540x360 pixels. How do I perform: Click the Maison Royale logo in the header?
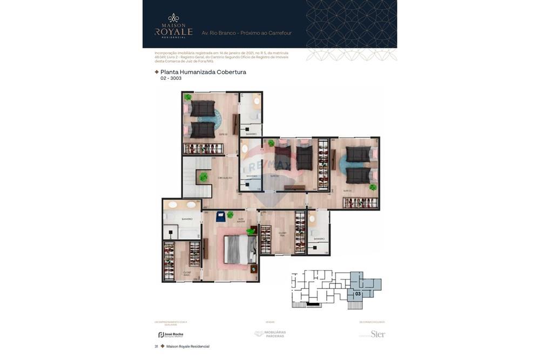coord(173,26)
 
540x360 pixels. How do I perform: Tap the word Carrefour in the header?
coord(279,33)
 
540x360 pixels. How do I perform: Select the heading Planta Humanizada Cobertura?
coord(203,72)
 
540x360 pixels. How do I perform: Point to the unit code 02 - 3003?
coord(171,79)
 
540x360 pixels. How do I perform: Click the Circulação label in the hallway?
coord(225,178)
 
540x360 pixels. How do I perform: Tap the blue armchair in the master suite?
coord(221,216)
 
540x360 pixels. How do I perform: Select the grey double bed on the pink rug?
coord(236,249)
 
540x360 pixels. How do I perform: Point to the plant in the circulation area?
coord(204,176)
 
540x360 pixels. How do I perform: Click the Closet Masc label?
coord(187,273)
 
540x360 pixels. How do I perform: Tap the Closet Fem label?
coord(282,234)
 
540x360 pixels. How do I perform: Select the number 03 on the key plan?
coord(357,294)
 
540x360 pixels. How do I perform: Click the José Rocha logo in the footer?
coord(171,335)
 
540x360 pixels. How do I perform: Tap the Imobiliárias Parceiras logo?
coord(271,334)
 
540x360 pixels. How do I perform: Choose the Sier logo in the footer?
coord(377,334)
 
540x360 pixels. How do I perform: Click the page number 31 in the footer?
coord(157,347)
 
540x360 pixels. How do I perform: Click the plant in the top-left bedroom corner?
coord(187,98)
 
